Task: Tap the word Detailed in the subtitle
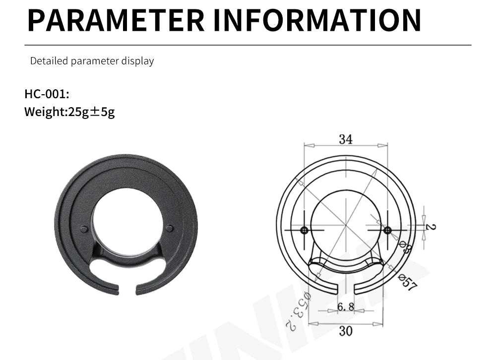(49, 61)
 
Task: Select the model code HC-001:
(47, 94)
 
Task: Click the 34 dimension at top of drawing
(346, 139)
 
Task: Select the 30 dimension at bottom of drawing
(346, 331)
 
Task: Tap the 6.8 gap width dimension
(346, 307)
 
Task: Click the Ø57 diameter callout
(408, 283)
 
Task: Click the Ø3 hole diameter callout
(404, 246)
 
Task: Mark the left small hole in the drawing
(304, 230)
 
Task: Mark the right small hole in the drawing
(387, 230)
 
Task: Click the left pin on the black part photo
(84, 229)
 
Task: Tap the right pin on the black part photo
(170, 229)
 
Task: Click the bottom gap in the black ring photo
(127, 288)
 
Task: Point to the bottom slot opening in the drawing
(346, 290)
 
